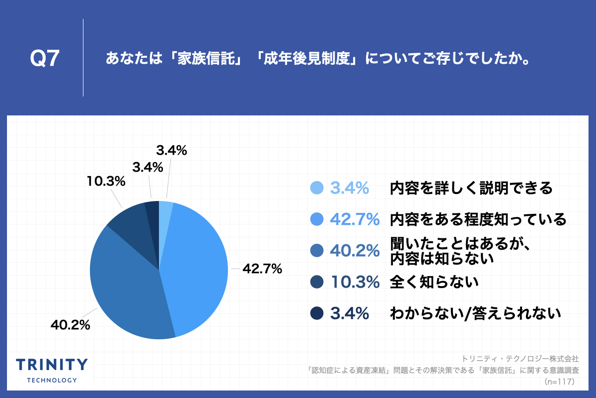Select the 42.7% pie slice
click(x=196, y=269)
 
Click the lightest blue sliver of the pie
click(x=165, y=209)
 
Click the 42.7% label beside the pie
click(x=262, y=270)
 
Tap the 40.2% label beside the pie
click(x=70, y=325)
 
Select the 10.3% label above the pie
click(x=105, y=182)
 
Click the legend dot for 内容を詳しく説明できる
click(x=316, y=188)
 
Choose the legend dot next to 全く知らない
click(x=316, y=283)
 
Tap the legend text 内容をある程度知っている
click(x=478, y=219)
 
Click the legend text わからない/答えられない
click(x=475, y=313)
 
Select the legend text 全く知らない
click(x=434, y=283)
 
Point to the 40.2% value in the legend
click(x=355, y=251)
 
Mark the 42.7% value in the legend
click(x=355, y=219)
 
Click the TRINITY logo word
click(x=52, y=365)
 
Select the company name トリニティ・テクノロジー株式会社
click(x=520, y=358)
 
